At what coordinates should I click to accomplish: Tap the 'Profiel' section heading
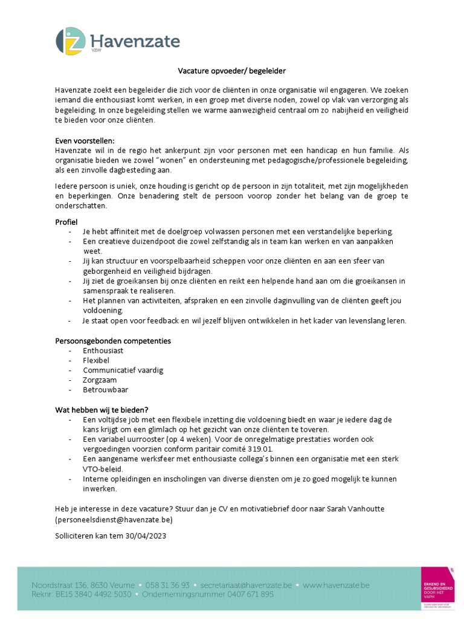pyautogui.click(x=66, y=222)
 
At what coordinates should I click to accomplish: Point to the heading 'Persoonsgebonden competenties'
pyautogui.click(x=113, y=341)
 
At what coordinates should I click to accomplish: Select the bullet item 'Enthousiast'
pyautogui.click(x=103, y=351)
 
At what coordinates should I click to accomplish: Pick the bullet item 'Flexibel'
pyautogui.click(x=96, y=360)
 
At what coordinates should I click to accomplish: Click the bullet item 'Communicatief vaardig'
pyautogui.click(x=123, y=370)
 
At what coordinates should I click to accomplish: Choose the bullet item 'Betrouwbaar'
pyautogui.click(x=106, y=390)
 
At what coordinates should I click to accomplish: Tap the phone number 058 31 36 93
pyautogui.click(x=167, y=585)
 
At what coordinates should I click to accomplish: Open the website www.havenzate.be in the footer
pyautogui.click(x=335, y=585)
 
